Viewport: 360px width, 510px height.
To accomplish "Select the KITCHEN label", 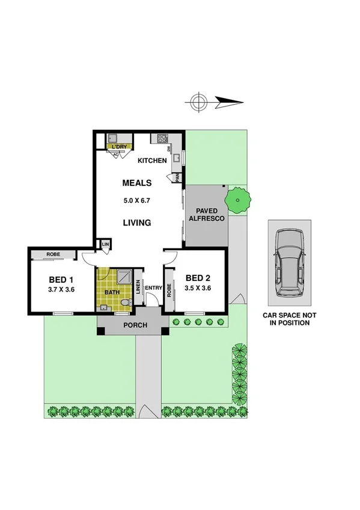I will (152, 161).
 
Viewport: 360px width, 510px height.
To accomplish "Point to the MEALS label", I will (137, 183).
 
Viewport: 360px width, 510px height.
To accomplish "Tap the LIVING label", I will (137, 223).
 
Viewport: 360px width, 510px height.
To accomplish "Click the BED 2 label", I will (198, 278).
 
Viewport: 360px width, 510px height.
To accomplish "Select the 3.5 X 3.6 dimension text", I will (198, 287).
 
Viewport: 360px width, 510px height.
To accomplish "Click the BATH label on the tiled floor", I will (112, 293).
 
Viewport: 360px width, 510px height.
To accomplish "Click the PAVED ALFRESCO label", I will (206, 215).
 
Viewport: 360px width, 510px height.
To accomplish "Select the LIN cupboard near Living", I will (105, 244).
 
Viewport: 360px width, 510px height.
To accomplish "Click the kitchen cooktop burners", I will (162, 139).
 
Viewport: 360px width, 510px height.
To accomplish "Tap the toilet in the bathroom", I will (124, 302).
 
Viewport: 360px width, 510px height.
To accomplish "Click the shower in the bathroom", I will (125, 277).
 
